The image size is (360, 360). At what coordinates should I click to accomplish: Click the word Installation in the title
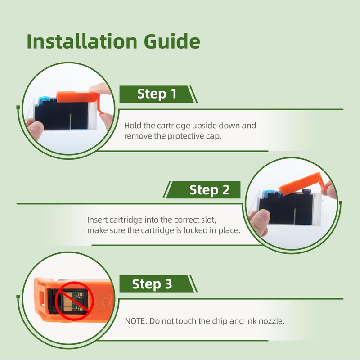82,41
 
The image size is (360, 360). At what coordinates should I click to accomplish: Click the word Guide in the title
172,41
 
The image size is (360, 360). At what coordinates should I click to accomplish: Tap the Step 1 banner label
157,94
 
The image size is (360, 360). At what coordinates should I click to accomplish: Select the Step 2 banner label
209,190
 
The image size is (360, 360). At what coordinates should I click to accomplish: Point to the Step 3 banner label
152,284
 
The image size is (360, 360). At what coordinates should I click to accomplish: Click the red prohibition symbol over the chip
74,301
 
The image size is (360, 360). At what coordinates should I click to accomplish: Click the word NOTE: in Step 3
136,321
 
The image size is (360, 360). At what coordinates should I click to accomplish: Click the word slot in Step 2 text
209,220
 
